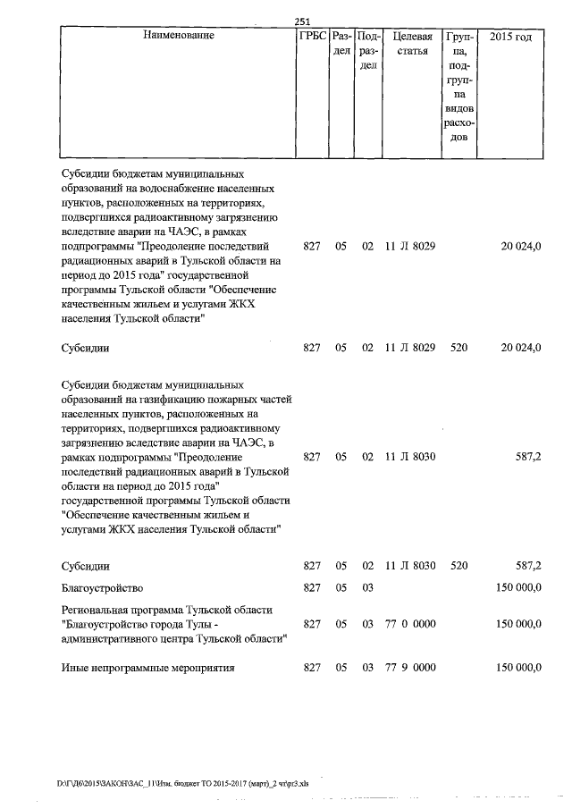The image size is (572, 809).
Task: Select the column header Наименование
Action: point(178,38)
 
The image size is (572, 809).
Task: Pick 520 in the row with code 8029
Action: point(459,347)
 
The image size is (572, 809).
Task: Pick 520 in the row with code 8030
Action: point(459,566)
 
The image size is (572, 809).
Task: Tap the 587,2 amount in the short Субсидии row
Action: point(527,566)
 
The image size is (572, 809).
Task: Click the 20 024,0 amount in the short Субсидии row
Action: point(521,347)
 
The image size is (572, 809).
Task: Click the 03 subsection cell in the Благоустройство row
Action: point(367,588)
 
